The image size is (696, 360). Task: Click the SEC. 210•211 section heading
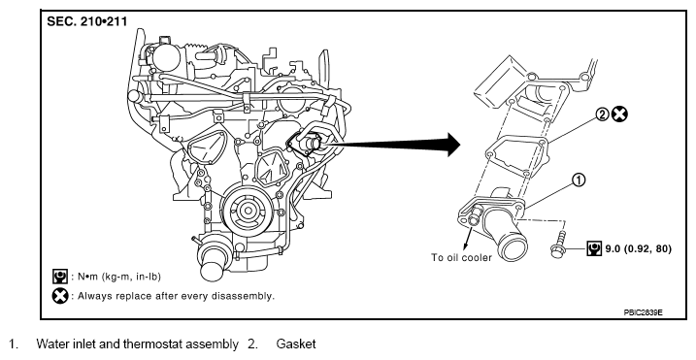pos(87,21)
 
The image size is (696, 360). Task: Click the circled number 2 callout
pos(603,115)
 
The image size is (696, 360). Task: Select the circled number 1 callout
pos(579,180)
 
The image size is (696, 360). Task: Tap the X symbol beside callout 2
pos(619,115)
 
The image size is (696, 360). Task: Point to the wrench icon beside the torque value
pos(594,248)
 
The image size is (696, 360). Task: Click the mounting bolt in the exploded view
pos(558,245)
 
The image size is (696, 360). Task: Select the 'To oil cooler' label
pos(461,257)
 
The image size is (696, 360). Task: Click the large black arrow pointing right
pos(393,145)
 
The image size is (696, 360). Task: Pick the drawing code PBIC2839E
pos(643,312)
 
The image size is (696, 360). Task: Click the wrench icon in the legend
pos(60,277)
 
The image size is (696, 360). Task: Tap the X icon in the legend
pos(60,296)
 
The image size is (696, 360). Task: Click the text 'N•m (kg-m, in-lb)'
pos(119,277)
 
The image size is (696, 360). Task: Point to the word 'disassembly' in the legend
pos(244,296)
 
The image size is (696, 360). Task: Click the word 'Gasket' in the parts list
pos(296,344)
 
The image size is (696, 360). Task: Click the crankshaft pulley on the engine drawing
pos(245,211)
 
